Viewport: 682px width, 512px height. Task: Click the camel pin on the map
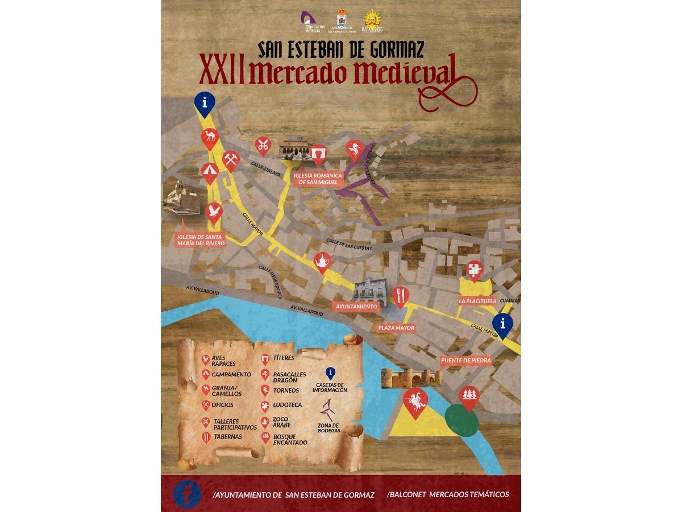(x=210, y=137)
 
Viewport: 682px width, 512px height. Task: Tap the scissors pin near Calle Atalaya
(x=262, y=146)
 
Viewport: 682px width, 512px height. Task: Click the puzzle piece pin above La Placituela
(x=473, y=269)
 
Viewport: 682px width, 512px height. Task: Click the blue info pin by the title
(x=204, y=102)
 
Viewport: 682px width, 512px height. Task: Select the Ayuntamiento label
(x=356, y=306)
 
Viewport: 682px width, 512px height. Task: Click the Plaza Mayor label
(x=397, y=328)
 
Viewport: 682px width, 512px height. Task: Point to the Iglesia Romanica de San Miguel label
(x=319, y=179)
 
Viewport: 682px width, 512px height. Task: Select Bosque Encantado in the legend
(x=290, y=439)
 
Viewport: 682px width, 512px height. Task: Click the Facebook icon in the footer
(x=187, y=494)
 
